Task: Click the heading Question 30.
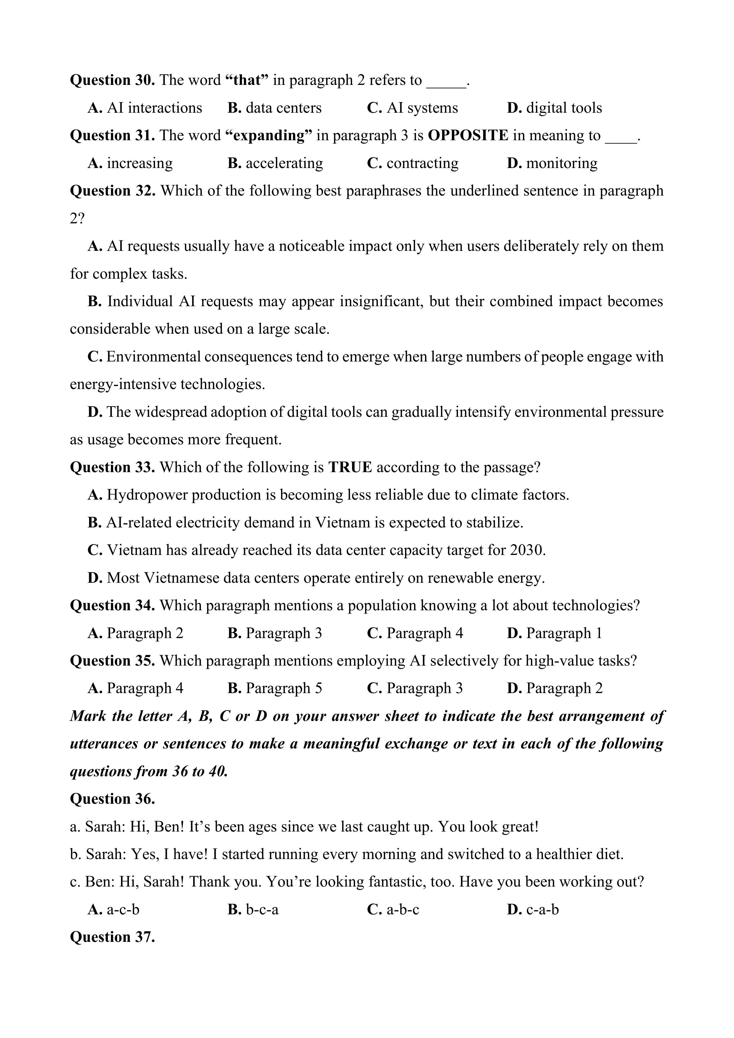coord(112,80)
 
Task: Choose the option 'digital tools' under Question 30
coord(554,108)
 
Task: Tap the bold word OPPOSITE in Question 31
coord(468,135)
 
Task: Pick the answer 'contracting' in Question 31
coord(412,163)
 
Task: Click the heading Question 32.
coord(112,191)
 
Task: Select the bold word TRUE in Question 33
coord(350,467)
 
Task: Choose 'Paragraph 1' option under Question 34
coord(554,633)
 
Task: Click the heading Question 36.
coord(112,799)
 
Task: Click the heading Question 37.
coord(112,937)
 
